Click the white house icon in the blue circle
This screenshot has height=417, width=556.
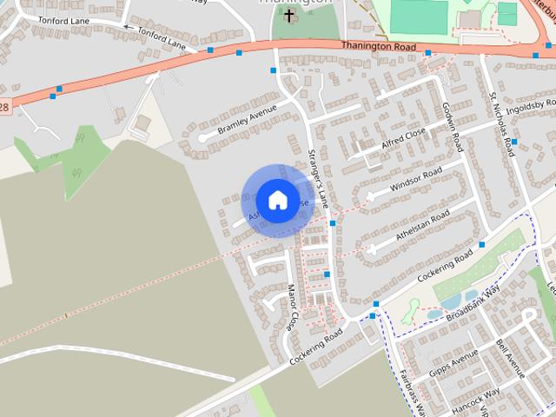(277, 200)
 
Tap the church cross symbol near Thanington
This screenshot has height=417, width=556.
(289, 16)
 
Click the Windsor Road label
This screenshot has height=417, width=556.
(416, 178)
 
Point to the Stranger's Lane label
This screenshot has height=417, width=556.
(318, 178)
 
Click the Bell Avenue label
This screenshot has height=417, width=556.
(513, 356)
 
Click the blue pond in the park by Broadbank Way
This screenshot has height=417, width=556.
(451, 301)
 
